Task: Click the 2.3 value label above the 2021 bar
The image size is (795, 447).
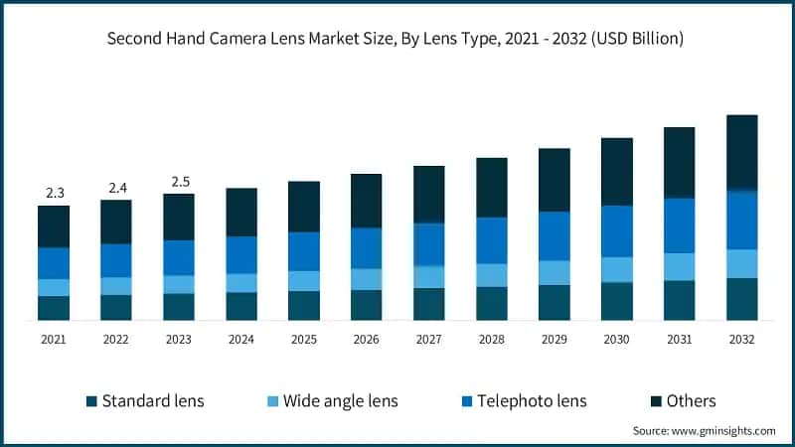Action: click(x=54, y=193)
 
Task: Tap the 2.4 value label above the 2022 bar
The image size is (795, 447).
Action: click(x=116, y=187)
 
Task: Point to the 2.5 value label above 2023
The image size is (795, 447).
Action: click(x=179, y=181)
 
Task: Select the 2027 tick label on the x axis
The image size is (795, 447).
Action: click(x=428, y=339)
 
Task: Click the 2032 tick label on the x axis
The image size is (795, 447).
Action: click(x=741, y=339)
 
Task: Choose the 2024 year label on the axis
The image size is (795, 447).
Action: click(x=241, y=339)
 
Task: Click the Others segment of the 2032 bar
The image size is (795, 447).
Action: click(x=741, y=152)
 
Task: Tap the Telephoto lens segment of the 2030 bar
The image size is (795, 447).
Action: click(x=616, y=231)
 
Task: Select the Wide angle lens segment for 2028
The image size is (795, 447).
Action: click(x=491, y=275)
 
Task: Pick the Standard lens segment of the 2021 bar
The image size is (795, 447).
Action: click(x=54, y=308)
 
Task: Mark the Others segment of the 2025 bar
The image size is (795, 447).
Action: click(x=304, y=207)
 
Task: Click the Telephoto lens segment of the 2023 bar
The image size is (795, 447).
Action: click(x=179, y=257)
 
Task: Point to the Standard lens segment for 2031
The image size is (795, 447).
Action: click(x=679, y=300)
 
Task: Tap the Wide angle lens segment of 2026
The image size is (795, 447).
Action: click(x=367, y=279)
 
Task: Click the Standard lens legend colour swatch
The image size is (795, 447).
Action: click(x=92, y=401)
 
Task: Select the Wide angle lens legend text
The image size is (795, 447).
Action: click(x=340, y=401)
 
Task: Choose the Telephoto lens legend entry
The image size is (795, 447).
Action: click(x=532, y=401)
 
